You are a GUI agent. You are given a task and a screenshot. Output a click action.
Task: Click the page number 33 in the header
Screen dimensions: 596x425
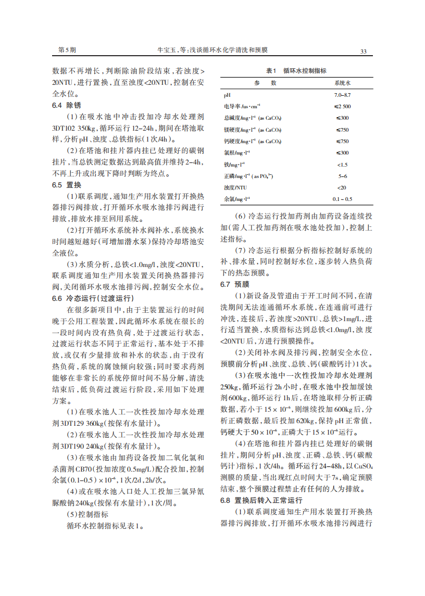click(x=363, y=51)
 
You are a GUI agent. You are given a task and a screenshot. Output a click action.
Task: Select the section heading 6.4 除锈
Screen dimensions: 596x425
click(x=67, y=105)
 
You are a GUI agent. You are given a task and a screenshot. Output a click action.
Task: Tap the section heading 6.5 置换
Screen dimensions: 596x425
click(x=67, y=185)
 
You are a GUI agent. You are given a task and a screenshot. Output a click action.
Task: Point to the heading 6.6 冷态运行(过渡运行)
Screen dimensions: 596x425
click(x=93, y=298)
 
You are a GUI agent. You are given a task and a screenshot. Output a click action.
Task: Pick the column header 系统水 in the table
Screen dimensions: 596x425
click(x=342, y=83)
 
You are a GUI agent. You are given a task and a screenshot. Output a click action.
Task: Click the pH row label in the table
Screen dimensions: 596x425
click(x=227, y=95)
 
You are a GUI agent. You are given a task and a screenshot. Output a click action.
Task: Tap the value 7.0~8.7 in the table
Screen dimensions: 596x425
click(x=342, y=95)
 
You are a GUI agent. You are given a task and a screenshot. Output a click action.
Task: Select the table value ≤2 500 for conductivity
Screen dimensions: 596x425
click(x=342, y=107)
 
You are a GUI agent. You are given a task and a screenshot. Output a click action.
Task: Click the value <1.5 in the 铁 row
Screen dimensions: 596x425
click(x=342, y=164)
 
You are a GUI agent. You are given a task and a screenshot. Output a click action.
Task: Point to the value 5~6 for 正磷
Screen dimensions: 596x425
click(x=342, y=176)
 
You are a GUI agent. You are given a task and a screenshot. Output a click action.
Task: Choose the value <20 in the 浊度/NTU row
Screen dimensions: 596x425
click(x=342, y=187)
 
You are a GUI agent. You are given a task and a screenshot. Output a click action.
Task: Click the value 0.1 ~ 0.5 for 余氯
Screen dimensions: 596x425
click(x=342, y=199)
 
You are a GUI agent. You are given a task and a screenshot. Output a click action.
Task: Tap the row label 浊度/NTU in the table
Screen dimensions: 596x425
click(x=235, y=187)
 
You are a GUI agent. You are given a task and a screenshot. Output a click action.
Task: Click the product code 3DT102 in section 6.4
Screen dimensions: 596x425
click(x=64, y=128)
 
